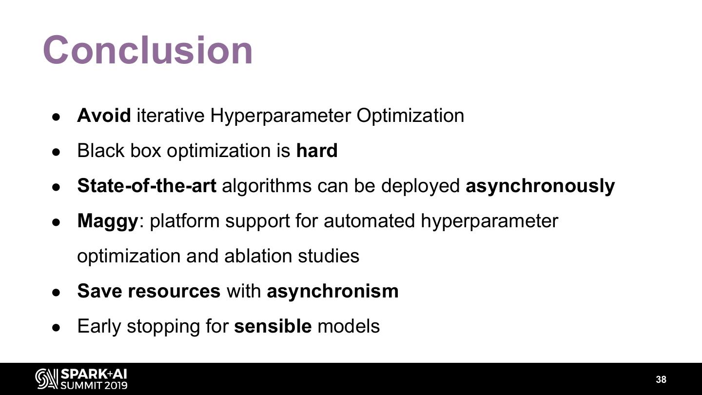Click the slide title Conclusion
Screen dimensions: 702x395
[148, 50]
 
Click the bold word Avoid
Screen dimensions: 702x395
[104, 116]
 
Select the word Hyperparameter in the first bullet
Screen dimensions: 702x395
[280, 116]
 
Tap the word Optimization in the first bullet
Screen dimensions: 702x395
[410, 116]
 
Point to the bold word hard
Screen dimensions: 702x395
[317, 151]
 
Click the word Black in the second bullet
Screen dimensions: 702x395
[100, 151]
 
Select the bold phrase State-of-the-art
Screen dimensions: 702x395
[147, 186]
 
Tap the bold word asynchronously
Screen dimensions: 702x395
[540, 186]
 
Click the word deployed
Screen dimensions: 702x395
[420, 186]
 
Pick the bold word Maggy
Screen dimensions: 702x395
[108, 221]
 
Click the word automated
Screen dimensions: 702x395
[369, 221]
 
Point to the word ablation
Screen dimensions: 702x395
[258, 256]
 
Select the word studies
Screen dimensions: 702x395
[329, 256]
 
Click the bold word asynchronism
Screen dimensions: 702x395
[332, 292]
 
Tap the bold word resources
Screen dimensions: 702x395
[174, 292]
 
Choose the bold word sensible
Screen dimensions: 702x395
[273, 326]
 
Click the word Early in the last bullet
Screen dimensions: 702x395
[99, 327]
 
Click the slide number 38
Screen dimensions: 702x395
[661, 379]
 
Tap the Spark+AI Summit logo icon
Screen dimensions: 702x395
[47, 379]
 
